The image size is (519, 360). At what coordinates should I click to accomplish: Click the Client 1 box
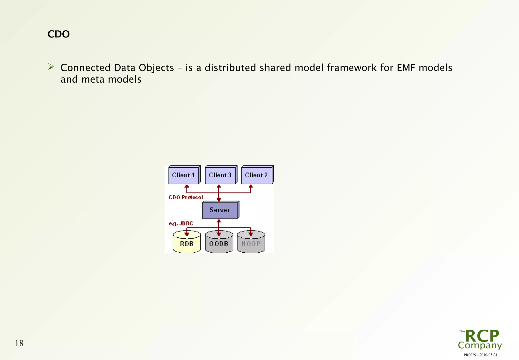point(183,175)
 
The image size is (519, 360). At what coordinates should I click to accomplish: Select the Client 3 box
point(220,175)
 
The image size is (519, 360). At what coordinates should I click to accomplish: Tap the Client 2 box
point(256,175)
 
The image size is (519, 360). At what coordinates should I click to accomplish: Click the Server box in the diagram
point(220,210)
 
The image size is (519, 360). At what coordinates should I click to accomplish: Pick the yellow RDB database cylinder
point(187,243)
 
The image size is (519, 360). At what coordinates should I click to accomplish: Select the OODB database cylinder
point(219,243)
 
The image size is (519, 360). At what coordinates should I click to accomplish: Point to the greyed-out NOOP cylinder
point(251,243)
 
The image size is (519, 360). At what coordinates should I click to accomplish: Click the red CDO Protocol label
point(186,197)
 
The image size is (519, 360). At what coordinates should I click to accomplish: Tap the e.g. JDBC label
point(181,223)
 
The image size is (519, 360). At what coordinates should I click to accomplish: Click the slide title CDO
point(59,34)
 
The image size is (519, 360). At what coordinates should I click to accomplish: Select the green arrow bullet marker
point(51,67)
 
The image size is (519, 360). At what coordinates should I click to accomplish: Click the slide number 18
point(19,343)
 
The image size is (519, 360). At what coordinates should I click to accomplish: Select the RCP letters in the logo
point(482,336)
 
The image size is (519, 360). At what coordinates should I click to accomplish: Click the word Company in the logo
point(480,345)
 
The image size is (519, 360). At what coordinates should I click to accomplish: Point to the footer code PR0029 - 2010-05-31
point(480,355)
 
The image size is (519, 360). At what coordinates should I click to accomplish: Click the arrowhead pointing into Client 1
point(187,186)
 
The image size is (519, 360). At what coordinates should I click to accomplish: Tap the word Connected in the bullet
point(85,68)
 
